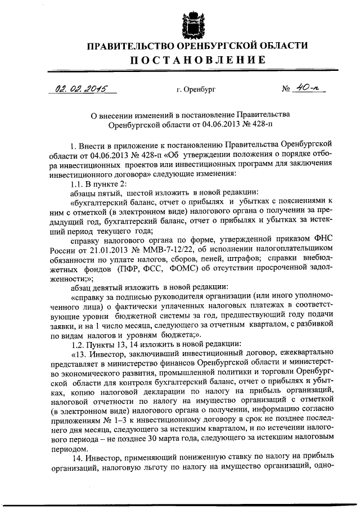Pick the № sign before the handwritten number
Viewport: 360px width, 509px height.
coord(285,89)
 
